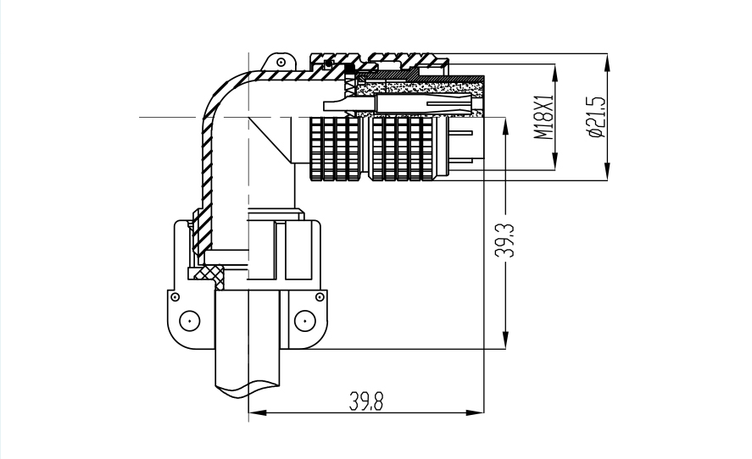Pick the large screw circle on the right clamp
pyautogui.click(x=304, y=320)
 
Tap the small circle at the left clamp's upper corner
pyautogui.click(x=175, y=297)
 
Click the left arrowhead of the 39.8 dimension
pyautogui.click(x=253, y=413)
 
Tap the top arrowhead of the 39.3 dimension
pyautogui.click(x=505, y=124)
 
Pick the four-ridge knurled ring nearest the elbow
pyautogui.click(x=330, y=149)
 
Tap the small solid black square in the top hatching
pyautogui.click(x=348, y=69)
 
